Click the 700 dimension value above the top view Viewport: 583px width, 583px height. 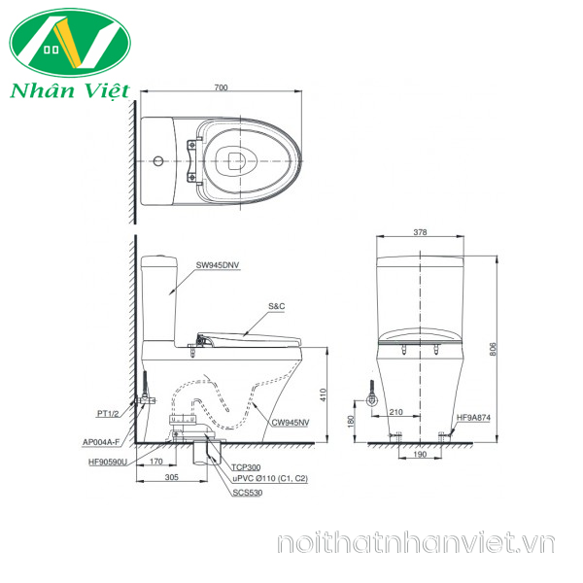[x=221, y=87]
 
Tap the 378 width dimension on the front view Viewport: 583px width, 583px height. [x=420, y=232]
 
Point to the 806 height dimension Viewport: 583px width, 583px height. [x=493, y=349]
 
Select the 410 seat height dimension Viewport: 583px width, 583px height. [x=324, y=394]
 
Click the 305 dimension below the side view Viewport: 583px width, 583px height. [x=172, y=477]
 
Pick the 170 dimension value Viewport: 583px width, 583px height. [x=156, y=462]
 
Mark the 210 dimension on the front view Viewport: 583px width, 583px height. [x=395, y=412]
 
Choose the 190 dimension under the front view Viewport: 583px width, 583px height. [x=420, y=454]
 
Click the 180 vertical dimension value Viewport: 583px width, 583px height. [x=350, y=422]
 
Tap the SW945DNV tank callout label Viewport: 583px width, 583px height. [x=218, y=265]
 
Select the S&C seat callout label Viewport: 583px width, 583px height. [x=277, y=306]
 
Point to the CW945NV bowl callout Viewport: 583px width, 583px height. [x=291, y=423]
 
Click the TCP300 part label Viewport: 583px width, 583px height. [x=246, y=467]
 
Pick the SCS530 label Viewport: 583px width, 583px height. [x=247, y=493]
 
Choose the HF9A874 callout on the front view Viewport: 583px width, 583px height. [x=473, y=418]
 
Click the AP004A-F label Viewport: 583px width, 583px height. [x=101, y=442]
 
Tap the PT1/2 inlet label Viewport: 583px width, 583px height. [x=108, y=414]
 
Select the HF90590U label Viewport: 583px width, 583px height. [x=108, y=463]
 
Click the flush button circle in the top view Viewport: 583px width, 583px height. [x=158, y=161]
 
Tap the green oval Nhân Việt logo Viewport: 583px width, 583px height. [x=70, y=43]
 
